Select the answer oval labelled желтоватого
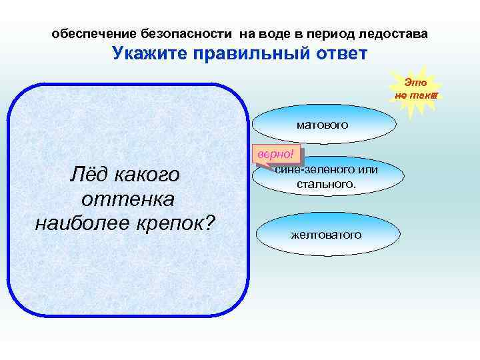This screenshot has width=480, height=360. (x=326, y=234)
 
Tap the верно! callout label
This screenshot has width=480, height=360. (x=276, y=154)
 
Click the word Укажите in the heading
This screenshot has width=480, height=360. (x=147, y=53)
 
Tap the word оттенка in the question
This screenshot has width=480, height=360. (x=127, y=198)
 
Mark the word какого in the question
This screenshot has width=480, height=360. (x=148, y=175)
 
